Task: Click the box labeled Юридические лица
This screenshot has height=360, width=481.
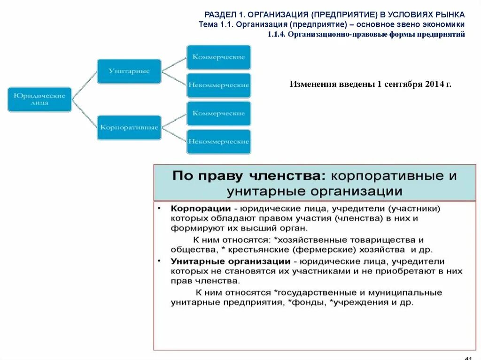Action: coord(39,99)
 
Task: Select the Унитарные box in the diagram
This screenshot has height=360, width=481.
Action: coord(129,71)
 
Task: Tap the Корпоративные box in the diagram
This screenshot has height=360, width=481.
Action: coord(129,127)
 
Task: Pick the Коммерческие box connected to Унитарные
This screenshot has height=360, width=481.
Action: coord(219,57)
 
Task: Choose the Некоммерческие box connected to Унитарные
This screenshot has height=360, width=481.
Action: coord(219,85)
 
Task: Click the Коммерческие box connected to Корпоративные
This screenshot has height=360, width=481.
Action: coord(219,114)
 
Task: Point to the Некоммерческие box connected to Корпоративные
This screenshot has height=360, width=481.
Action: coord(219,142)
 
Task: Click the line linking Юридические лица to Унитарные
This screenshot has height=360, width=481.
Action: coord(85,85)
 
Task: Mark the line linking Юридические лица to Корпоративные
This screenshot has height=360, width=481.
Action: coord(85,113)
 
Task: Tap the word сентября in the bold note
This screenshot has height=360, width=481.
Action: coord(403,84)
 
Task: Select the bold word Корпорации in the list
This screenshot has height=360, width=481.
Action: coord(201,208)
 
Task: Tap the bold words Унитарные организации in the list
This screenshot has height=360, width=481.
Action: coord(230,261)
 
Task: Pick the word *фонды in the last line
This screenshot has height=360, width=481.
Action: coord(309,303)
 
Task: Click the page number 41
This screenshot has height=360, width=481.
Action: coord(468,356)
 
